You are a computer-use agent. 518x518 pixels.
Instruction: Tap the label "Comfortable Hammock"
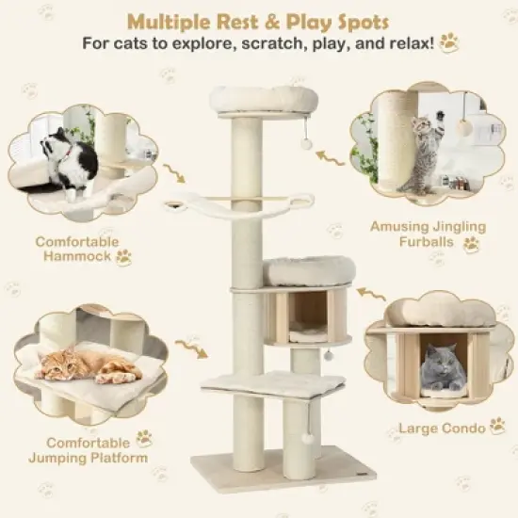point(77,249)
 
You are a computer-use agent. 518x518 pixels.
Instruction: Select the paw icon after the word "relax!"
point(448,41)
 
